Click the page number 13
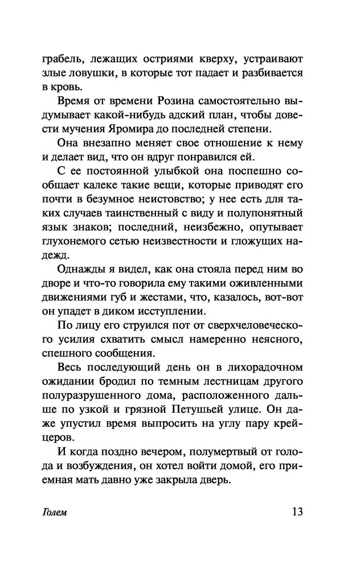[295, 511]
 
